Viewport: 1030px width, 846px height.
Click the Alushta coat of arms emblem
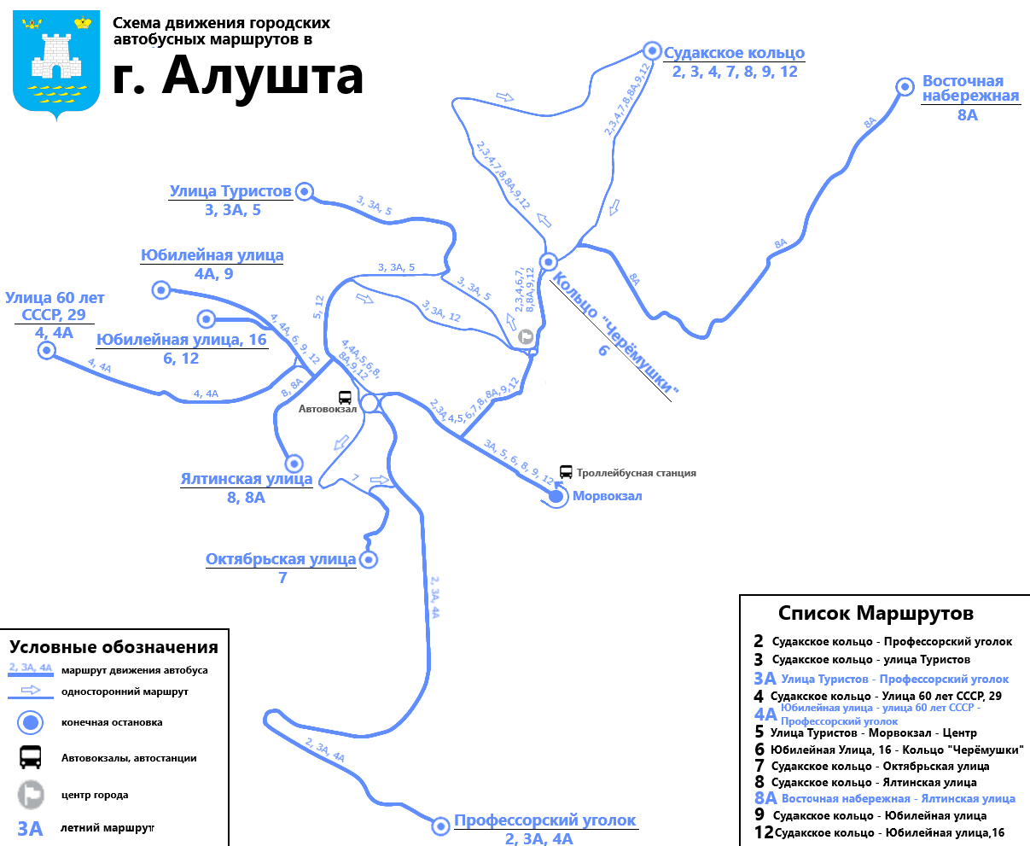click(57, 64)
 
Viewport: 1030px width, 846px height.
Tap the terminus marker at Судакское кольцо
click(652, 50)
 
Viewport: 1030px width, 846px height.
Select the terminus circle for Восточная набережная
click(905, 86)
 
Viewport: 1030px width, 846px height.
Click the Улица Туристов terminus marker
click(304, 192)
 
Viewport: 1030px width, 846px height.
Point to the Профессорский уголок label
click(544, 820)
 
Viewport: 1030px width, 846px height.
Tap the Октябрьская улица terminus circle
click(369, 560)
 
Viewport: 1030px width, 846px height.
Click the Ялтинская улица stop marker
click(294, 464)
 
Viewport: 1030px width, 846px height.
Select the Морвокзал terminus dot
click(557, 496)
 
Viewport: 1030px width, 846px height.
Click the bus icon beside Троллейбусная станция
click(566, 472)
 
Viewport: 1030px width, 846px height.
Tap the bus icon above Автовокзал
click(345, 397)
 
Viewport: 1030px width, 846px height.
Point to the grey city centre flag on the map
click(527, 337)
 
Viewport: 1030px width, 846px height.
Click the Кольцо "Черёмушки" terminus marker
click(549, 261)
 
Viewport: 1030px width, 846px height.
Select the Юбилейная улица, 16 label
click(182, 340)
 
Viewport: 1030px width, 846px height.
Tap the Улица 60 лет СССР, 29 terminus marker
click(46, 350)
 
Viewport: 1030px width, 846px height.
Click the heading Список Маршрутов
click(876, 613)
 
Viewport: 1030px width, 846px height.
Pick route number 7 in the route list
click(759, 766)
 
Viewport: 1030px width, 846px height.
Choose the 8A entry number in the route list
click(765, 798)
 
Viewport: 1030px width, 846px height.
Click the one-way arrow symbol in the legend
click(31, 691)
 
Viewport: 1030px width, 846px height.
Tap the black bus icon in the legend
click(31, 757)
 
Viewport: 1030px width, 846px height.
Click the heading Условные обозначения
click(113, 647)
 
